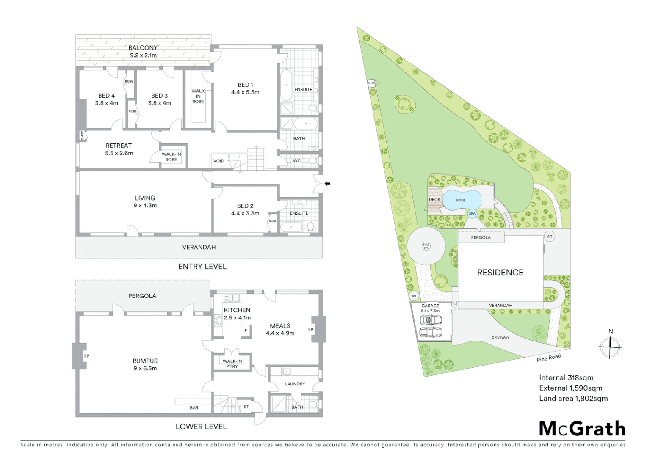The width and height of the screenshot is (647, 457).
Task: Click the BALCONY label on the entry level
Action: [x=143, y=48]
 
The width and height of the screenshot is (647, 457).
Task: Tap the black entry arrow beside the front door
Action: [x=327, y=184]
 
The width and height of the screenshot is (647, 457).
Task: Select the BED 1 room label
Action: [x=245, y=85]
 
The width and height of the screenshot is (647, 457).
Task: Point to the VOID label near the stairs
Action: [x=219, y=161]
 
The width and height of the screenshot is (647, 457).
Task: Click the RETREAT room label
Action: [x=119, y=146]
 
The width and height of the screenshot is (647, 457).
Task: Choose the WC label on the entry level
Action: [x=297, y=161]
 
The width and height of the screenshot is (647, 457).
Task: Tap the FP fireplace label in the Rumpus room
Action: [x=87, y=356]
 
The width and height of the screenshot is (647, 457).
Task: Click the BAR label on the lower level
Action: [x=194, y=408]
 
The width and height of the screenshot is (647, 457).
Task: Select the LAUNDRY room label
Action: [x=295, y=384]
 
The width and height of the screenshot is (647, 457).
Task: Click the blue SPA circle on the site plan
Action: [x=472, y=214]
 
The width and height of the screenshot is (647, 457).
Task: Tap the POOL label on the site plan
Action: [x=461, y=200]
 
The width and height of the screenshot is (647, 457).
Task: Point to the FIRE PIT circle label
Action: [x=426, y=246]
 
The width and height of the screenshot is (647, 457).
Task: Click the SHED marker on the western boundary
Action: [x=371, y=83]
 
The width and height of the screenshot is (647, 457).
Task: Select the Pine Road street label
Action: [x=549, y=358]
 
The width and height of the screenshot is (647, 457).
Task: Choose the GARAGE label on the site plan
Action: [x=430, y=306]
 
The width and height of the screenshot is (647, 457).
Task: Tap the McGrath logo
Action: [x=582, y=429]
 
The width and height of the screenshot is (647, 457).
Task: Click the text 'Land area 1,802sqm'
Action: [x=573, y=398]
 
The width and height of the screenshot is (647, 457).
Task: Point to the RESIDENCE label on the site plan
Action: [x=500, y=273]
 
